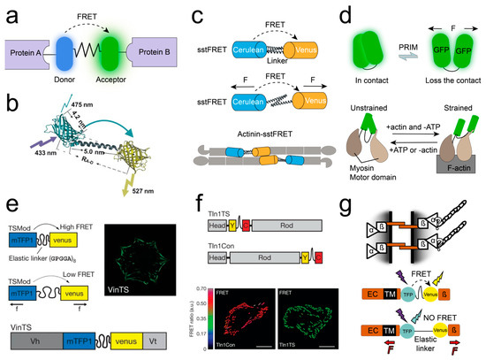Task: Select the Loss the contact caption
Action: tap(440, 78)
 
